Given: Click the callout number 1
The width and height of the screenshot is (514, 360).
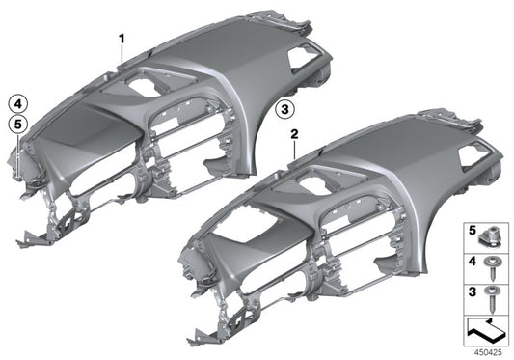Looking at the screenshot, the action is click(x=122, y=40).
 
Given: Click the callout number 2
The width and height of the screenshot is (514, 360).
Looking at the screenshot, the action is click(x=294, y=134).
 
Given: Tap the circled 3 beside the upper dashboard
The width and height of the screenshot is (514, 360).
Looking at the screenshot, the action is click(x=284, y=109).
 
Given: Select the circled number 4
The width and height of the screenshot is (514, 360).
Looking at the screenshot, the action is click(x=17, y=104).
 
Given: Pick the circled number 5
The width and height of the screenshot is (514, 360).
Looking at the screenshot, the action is click(x=17, y=125).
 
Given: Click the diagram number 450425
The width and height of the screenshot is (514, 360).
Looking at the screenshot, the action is click(x=488, y=353).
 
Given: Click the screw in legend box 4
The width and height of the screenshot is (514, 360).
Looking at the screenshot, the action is click(x=492, y=268).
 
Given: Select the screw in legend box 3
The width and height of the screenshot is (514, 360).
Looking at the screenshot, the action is click(x=492, y=298).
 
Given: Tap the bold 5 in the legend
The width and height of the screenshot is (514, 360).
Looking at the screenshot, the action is click(x=472, y=231).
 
